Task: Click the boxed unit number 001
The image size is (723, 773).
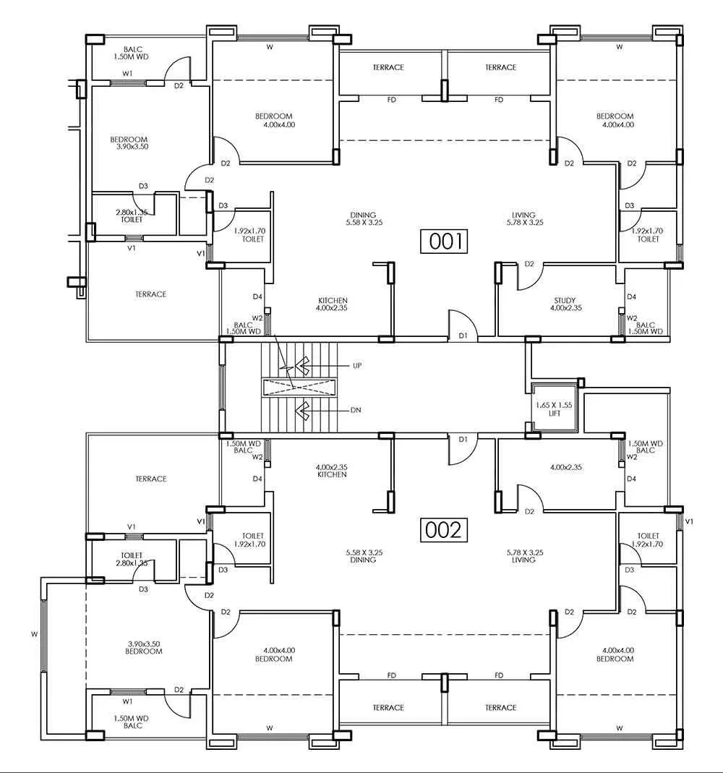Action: click(x=444, y=241)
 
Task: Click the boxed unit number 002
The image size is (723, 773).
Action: click(x=443, y=530)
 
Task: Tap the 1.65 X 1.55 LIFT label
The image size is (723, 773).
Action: click(x=552, y=409)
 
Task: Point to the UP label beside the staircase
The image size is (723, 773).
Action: click(x=356, y=366)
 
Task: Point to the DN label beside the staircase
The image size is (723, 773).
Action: click(x=355, y=410)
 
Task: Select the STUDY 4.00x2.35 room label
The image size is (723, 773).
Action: click(x=566, y=304)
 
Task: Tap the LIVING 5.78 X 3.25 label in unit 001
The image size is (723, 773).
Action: click(x=523, y=218)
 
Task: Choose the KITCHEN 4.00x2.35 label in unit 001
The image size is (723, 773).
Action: click(x=333, y=304)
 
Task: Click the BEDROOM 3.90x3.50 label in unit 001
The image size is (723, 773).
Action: click(x=129, y=142)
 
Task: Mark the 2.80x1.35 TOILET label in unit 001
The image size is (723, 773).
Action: click(x=129, y=215)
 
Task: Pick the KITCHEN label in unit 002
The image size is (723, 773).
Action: click(x=333, y=471)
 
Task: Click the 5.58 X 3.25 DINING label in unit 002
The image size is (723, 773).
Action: click(x=364, y=555)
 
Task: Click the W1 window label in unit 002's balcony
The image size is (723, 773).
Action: click(x=128, y=701)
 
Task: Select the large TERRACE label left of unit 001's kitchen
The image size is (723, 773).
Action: click(x=150, y=294)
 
